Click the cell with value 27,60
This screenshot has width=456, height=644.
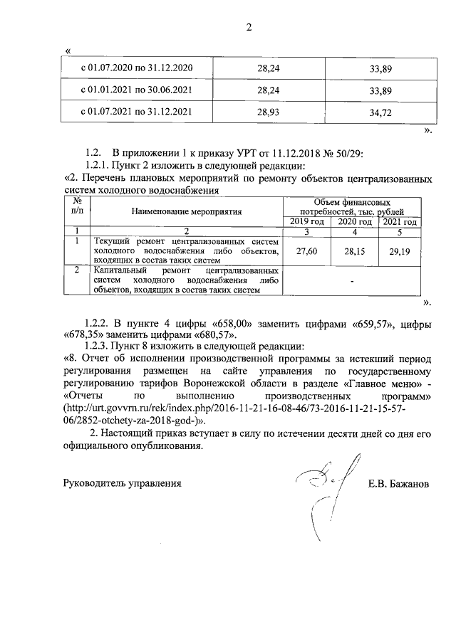(x=307, y=252)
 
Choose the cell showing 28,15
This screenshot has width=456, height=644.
(x=355, y=252)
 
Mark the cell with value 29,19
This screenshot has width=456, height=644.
(x=400, y=252)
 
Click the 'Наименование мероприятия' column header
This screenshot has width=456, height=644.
(x=187, y=211)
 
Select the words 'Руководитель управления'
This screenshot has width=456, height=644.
(x=123, y=485)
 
